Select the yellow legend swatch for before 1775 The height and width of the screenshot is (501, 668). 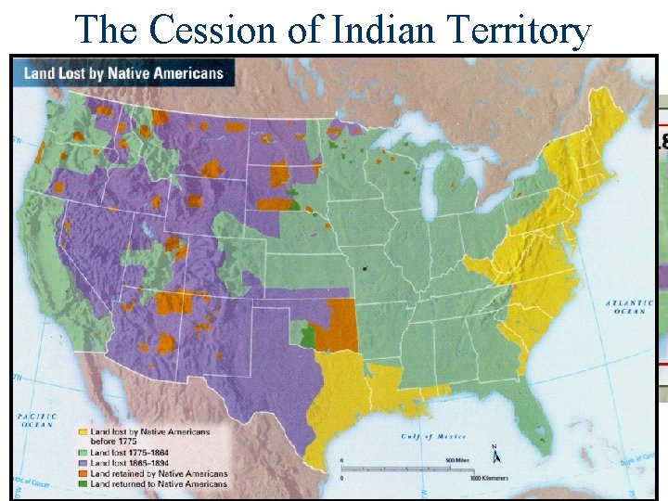[83, 431]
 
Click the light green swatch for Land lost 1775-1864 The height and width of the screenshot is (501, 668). [83, 452]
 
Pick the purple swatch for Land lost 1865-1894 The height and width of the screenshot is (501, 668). [83, 462]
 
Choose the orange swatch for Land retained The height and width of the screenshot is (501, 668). [83, 473]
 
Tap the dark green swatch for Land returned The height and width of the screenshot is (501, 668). [83, 483]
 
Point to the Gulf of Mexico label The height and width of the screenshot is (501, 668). [428, 436]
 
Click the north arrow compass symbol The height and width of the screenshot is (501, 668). [496, 454]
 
